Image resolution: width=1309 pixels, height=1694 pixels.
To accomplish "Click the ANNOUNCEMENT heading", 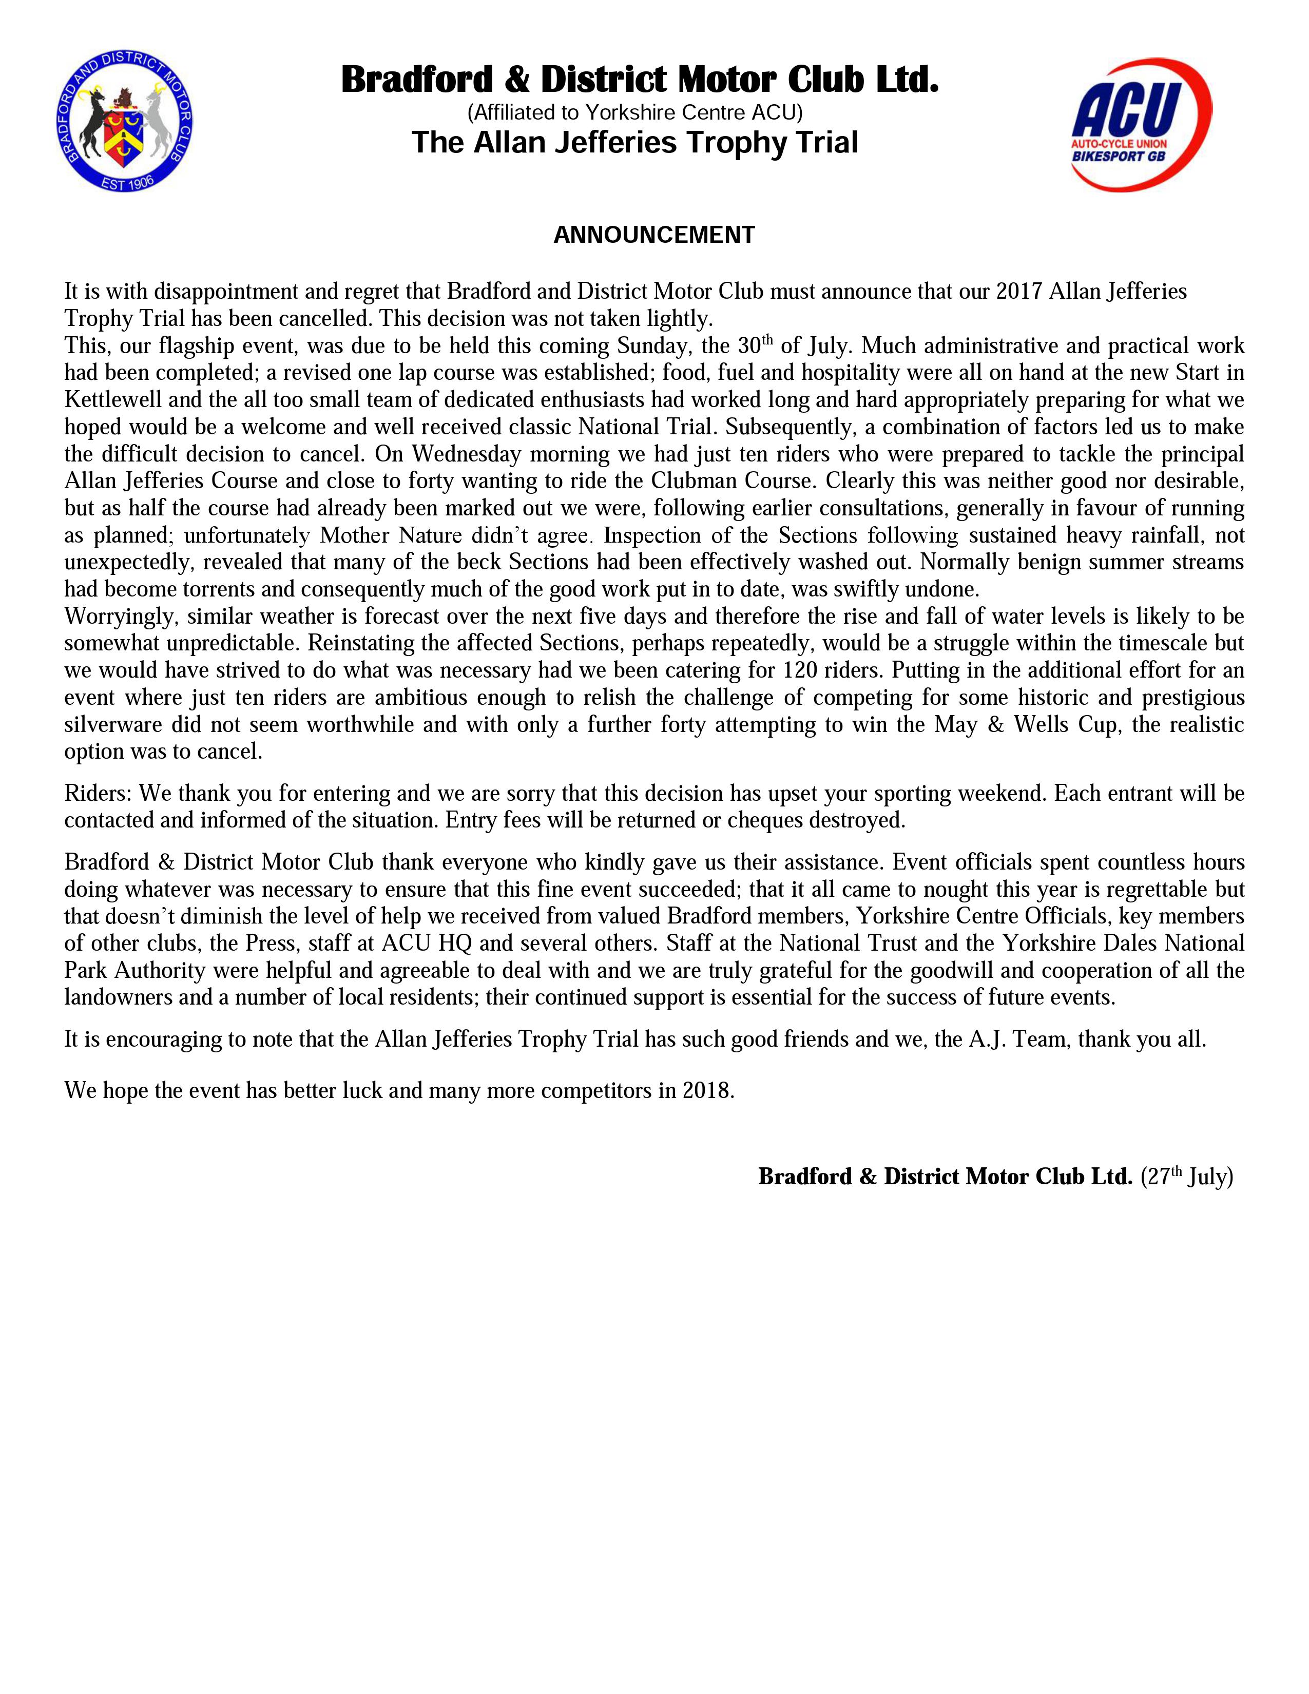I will [653, 235].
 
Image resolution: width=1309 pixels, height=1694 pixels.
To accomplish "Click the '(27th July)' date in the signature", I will [1186, 1177].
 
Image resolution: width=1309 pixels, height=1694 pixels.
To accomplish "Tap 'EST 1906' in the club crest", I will [128, 184].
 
